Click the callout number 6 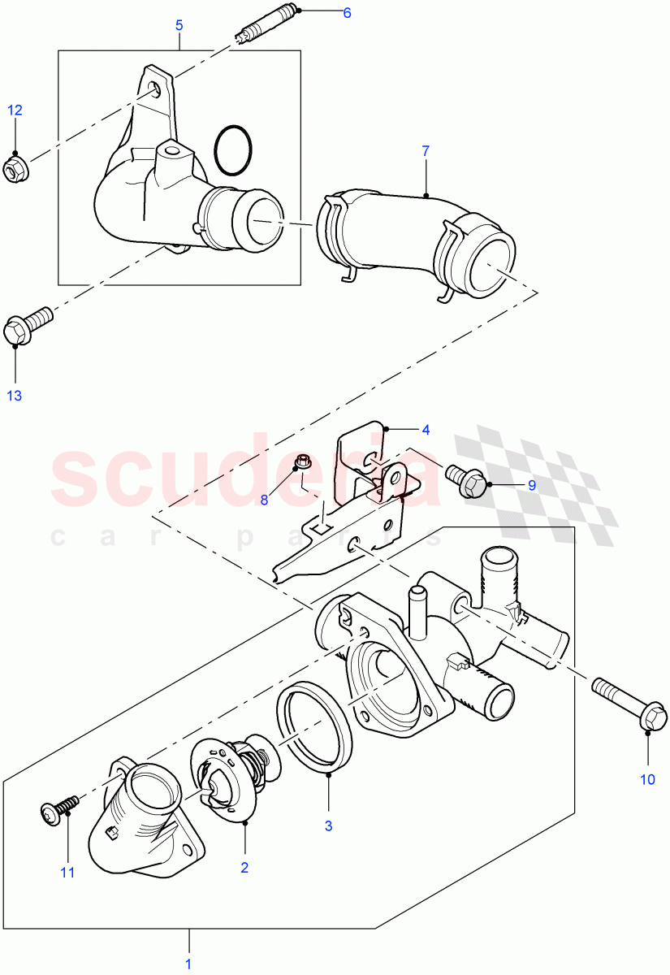[347, 13]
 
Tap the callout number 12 [16, 110]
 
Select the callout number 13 [15, 395]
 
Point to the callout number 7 [426, 151]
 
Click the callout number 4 [425, 428]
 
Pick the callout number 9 [532, 485]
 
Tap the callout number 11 [67, 872]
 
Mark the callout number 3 [329, 826]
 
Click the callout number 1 [189, 964]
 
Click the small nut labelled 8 [300, 463]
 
